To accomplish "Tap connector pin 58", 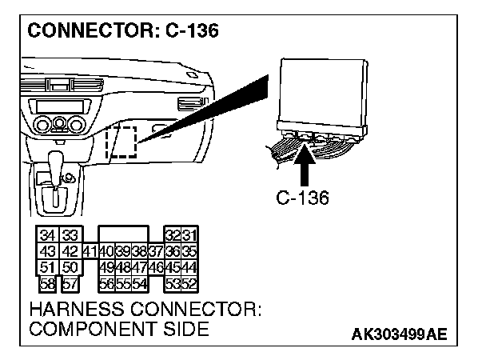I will point(48,283).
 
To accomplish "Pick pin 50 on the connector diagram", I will point(70,266).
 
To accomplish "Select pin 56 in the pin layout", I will point(106,283).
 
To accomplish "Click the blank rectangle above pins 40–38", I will point(122,234).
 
